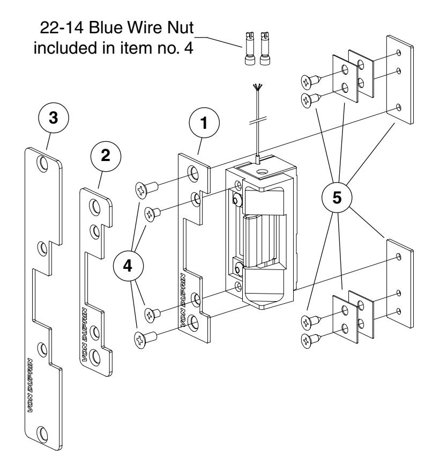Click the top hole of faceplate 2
click(94, 206)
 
